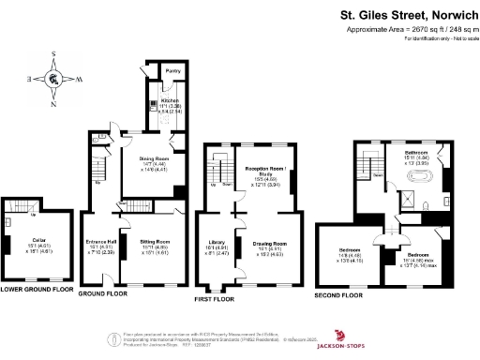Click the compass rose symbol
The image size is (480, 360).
point(55,79)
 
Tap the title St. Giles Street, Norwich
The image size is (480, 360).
point(406,15)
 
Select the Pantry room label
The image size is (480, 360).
point(172,71)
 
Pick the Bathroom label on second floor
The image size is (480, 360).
point(416,151)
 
